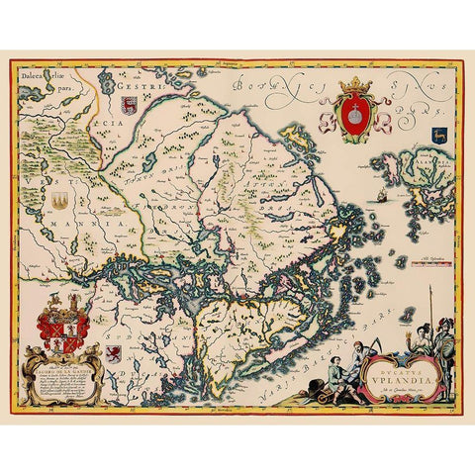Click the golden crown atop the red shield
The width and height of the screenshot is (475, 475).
[x=355, y=85]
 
